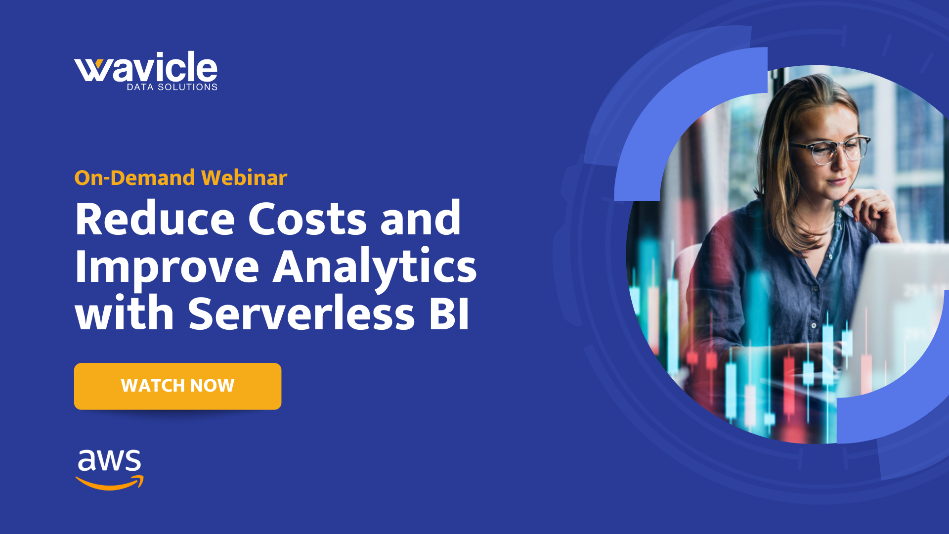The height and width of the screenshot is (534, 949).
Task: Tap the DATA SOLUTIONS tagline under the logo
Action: tap(172, 87)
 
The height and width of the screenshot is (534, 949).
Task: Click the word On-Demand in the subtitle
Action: tap(134, 178)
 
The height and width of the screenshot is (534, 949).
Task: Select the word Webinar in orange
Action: tap(244, 178)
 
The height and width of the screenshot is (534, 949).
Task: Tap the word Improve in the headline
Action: tap(167, 267)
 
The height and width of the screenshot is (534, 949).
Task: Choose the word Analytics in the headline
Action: tap(374, 267)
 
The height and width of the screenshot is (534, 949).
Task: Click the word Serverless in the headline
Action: tap(301, 313)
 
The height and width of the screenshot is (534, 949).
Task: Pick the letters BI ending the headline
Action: tap(449, 313)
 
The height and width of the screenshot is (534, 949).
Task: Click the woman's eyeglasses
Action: tap(830, 149)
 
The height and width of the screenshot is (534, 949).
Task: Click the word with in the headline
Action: tap(124, 313)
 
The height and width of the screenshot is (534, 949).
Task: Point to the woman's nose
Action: tap(840, 166)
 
